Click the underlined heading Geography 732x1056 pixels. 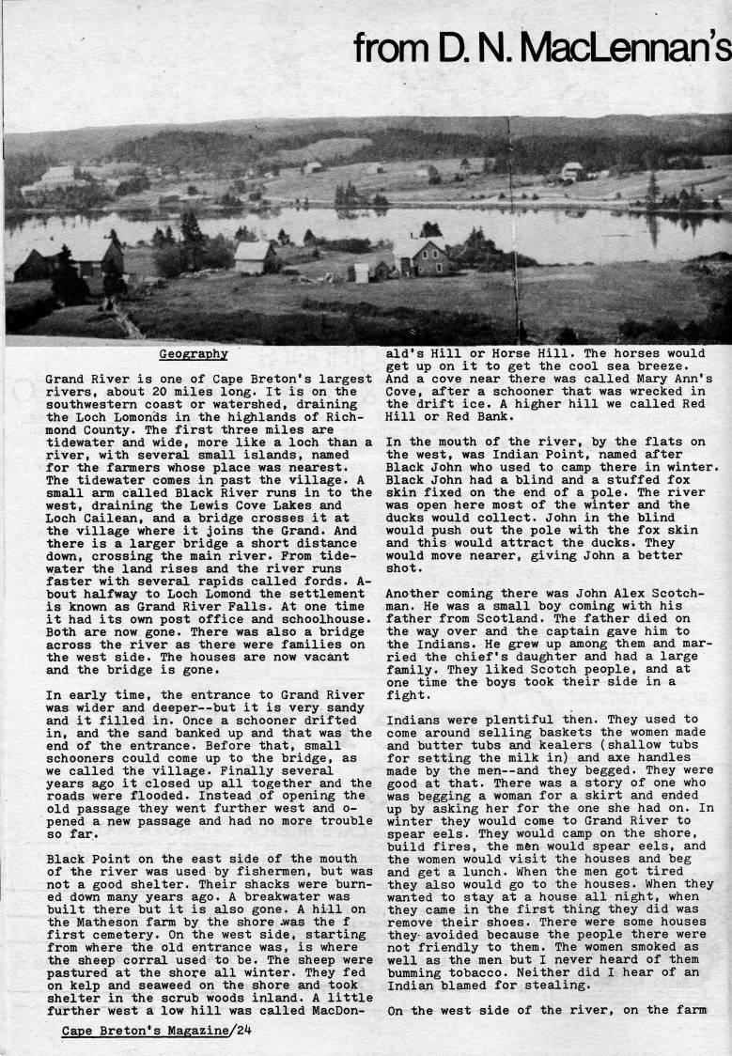pos(193,354)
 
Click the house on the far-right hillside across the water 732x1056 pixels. pos(571,171)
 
